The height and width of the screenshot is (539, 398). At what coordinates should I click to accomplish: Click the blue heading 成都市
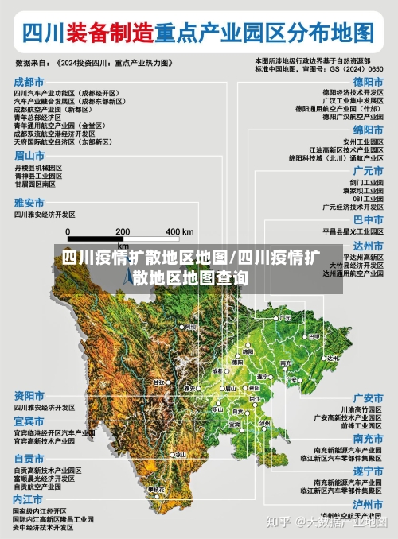pyautogui.click(x=29, y=82)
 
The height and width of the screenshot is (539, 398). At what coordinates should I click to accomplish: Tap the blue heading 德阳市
pyautogui.click(x=368, y=82)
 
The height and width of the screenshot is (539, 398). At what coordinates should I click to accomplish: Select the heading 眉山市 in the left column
pyautogui.click(x=29, y=155)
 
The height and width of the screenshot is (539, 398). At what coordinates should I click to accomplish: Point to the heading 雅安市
pyautogui.click(x=29, y=203)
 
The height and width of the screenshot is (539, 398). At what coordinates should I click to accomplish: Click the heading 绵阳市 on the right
pyautogui.click(x=368, y=130)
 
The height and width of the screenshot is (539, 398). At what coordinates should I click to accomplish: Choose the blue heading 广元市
pyautogui.click(x=368, y=170)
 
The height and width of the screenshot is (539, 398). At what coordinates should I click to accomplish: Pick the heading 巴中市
pyautogui.click(x=368, y=219)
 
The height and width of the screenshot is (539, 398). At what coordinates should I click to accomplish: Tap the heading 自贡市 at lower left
pyautogui.click(x=29, y=459)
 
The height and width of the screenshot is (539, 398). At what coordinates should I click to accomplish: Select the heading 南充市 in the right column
pyautogui.click(x=368, y=439)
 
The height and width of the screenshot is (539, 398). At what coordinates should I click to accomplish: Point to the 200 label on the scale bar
pyautogui.click(x=123, y=231)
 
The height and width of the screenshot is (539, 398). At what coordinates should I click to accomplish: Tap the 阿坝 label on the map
pyautogui.click(x=189, y=327)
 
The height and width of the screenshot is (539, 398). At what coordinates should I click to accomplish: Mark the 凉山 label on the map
pyautogui.click(x=180, y=454)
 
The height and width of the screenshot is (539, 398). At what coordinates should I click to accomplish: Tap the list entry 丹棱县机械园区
pyautogui.click(x=37, y=169)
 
